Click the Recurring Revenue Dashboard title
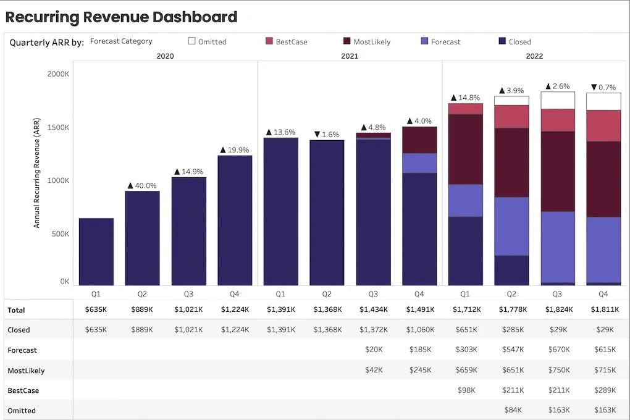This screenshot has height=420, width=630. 121,17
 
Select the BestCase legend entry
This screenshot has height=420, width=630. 287,41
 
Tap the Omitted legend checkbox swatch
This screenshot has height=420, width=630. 191,41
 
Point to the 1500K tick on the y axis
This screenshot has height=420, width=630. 58,127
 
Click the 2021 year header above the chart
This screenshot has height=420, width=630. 350,56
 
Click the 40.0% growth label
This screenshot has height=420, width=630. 142,185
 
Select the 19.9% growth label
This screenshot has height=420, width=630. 234,150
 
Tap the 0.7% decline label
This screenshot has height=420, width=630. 603,87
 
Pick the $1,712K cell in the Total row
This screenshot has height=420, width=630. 466,309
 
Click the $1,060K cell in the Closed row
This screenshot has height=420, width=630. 420,330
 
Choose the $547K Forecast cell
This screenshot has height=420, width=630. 513,350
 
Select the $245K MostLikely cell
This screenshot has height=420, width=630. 420,370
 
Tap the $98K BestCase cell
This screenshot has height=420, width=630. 466,390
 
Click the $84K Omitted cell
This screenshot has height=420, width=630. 513,410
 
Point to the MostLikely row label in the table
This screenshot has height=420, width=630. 26,371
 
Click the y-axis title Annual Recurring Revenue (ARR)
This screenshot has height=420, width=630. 36,173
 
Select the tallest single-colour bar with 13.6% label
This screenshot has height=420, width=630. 281,211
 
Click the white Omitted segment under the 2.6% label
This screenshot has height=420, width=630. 558,101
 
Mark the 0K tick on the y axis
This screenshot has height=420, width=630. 65,282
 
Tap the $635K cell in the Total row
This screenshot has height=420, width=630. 96,309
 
